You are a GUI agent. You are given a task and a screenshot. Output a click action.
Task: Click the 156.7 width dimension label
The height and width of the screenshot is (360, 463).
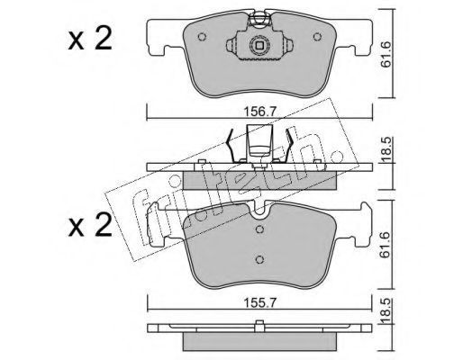[259, 112]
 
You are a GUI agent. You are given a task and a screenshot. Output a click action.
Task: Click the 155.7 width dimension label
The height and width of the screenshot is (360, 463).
[259, 303]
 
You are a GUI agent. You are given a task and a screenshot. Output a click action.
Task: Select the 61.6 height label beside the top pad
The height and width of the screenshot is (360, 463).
[386, 54]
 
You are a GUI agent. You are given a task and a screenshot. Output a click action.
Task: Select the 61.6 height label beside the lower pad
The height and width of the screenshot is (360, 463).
[386, 245]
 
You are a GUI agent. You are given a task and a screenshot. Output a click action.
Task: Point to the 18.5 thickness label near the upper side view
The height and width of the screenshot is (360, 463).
[386, 150]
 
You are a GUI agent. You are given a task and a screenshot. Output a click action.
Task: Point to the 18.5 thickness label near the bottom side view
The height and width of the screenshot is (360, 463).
[386, 311]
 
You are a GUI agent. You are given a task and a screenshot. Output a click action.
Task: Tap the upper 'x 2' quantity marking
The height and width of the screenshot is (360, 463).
[90, 39]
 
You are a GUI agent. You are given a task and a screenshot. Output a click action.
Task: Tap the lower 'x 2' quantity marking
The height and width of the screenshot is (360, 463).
[90, 226]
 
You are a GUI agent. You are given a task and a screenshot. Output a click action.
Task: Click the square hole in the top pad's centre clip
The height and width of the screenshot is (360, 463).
[259, 46]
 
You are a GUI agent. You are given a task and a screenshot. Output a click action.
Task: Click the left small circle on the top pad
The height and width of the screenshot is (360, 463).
[202, 37]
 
